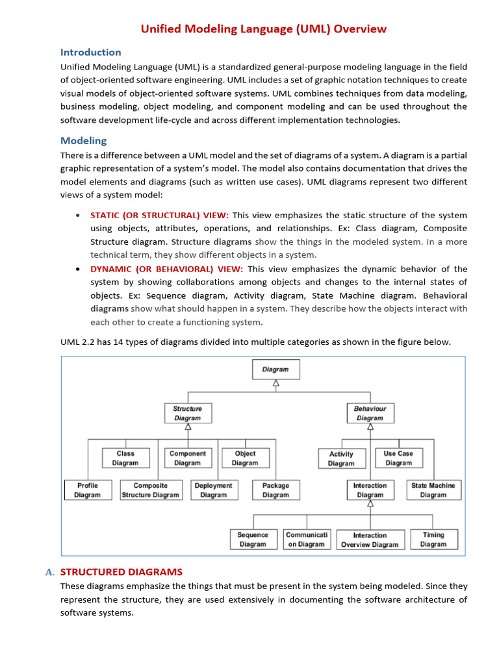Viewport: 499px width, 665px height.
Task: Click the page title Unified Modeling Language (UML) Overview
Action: pos(264,29)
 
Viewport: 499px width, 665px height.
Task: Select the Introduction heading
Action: pos(90,52)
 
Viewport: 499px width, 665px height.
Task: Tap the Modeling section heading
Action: pos(83,140)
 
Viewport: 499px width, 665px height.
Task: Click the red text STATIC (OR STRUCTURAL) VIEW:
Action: pos(159,215)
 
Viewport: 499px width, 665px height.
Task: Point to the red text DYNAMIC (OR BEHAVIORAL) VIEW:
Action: pos(167,269)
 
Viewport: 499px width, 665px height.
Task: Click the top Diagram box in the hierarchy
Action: pos(275,370)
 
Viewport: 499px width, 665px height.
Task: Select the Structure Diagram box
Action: pos(187,413)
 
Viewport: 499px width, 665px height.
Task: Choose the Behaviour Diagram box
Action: pos(370,413)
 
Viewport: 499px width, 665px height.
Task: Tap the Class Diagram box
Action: pos(125,458)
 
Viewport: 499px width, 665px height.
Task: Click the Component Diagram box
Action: pos(187,458)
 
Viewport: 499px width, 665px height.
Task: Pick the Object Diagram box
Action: pos(245,458)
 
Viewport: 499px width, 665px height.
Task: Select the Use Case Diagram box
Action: pos(398,458)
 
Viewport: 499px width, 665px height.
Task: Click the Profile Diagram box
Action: pos(88,490)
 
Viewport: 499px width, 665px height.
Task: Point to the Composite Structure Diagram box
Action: pos(151,490)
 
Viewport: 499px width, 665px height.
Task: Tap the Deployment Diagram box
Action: pos(213,490)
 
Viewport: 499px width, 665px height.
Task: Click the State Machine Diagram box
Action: pos(433,490)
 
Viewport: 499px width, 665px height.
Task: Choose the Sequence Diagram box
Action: pos(253,539)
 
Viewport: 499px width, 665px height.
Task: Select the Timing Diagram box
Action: pos(433,539)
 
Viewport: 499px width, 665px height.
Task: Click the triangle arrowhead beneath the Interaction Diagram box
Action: pos(370,503)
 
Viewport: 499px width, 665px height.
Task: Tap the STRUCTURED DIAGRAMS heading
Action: pos(121,572)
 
